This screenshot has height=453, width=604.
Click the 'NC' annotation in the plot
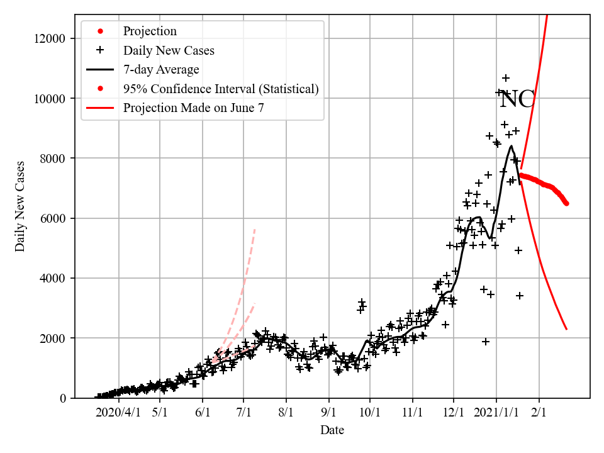coord(517,99)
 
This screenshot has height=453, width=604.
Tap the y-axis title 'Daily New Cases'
coord(20,206)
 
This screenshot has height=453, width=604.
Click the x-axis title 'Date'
coord(332,430)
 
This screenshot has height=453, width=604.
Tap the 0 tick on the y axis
coord(62,398)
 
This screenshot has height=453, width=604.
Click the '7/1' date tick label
coord(244,413)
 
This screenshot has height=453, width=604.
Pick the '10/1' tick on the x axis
coord(370,413)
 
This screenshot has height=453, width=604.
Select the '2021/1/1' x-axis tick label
coord(496,413)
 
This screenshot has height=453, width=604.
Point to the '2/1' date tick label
coord(539,413)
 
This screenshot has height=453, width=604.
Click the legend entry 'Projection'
coord(150,31)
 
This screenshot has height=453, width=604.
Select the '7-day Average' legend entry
coord(161,69)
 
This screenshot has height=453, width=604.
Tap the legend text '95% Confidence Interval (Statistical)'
coord(221,89)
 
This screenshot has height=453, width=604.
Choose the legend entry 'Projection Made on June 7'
coord(193,108)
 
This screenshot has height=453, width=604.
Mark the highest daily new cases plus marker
coord(506,78)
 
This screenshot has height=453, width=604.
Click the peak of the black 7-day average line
coord(512,146)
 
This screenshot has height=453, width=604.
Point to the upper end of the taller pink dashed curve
coord(255,229)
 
